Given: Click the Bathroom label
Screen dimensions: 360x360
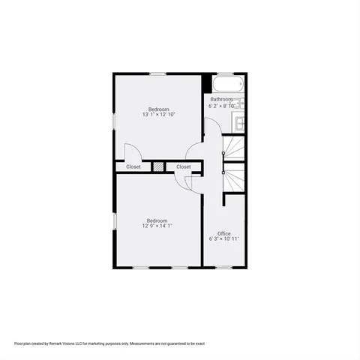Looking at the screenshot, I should click(221, 99).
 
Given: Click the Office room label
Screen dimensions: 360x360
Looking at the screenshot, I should click(223, 233).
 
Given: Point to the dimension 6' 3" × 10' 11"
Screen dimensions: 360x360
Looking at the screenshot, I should click(223, 239).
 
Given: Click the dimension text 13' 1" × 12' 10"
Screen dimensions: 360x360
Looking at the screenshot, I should click(157, 115).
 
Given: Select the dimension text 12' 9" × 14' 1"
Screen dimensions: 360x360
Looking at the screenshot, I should click(157, 226).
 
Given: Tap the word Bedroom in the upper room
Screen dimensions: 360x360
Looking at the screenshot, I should click(158, 109).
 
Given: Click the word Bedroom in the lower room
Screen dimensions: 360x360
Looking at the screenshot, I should click(157, 220).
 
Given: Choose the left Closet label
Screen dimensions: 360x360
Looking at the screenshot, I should click(133, 166).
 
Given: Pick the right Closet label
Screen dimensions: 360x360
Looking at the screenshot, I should click(183, 166).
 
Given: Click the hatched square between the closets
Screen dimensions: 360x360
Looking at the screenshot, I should click(158, 166).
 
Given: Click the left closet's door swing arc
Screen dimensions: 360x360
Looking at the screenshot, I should click(129, 150).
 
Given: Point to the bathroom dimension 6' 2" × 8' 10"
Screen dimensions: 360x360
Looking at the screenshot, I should click(221, 106).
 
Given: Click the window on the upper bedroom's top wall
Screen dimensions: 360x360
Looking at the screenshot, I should click(157, 73).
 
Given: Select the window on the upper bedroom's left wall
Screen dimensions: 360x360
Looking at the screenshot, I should click(114, 120).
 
